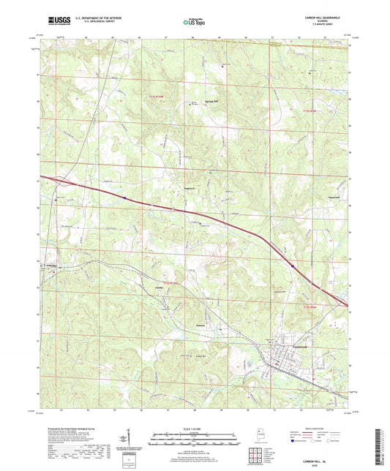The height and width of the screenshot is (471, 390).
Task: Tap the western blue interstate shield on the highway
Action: (125, 197)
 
